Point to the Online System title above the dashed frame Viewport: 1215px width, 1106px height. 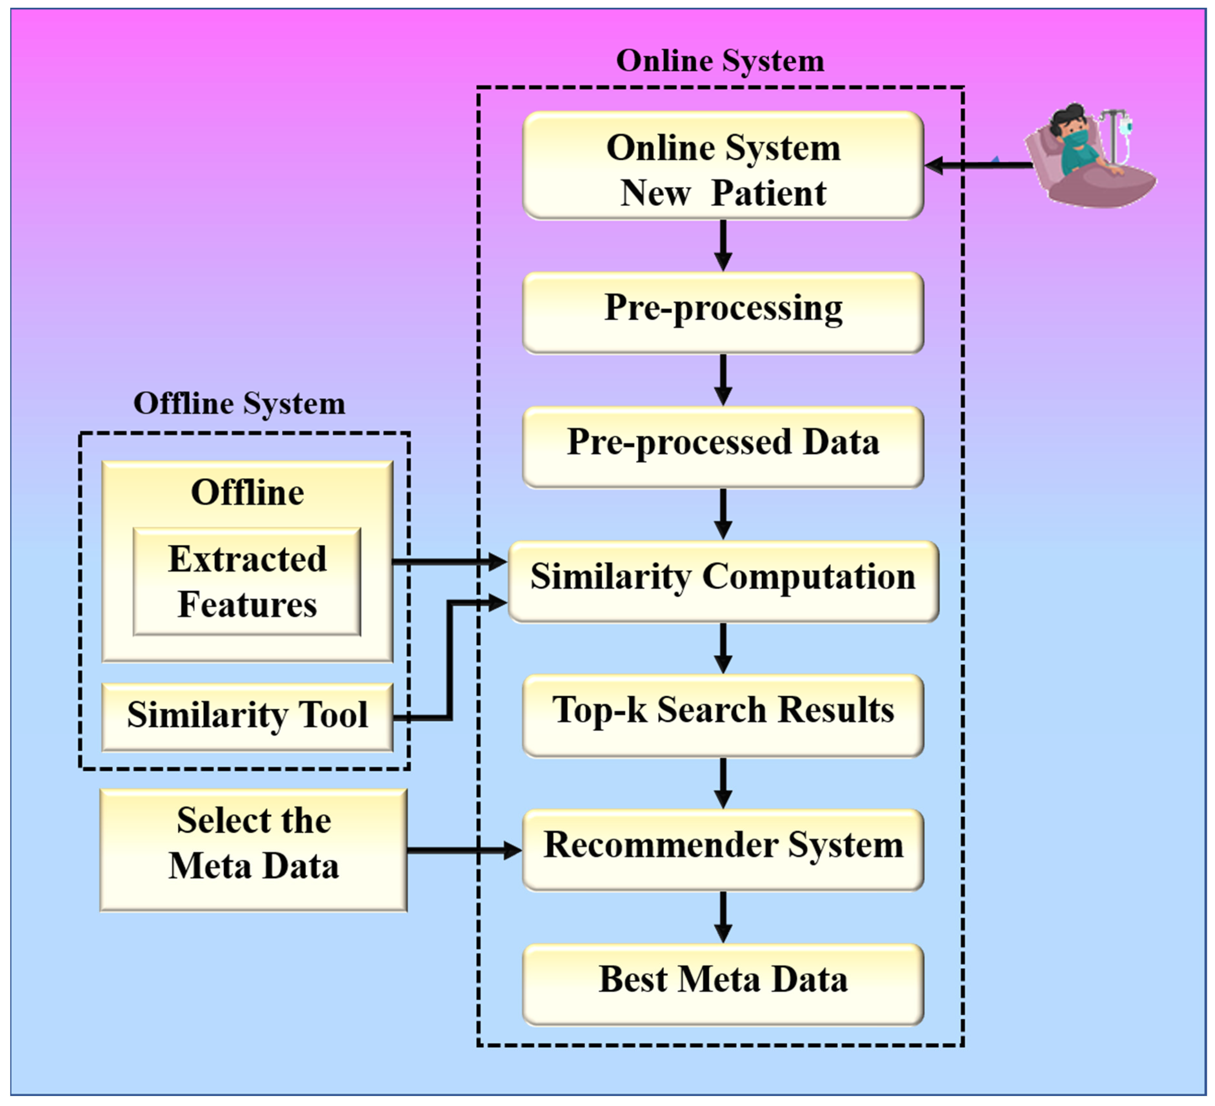[x=720, y=61]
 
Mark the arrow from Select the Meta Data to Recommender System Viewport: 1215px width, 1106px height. [x=464, y=850]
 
